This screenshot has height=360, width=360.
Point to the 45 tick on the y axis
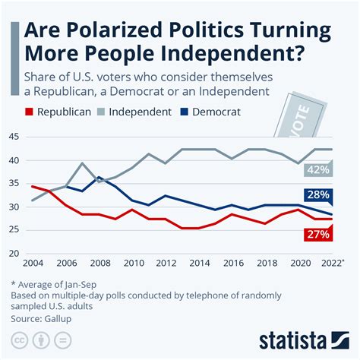(14, 137)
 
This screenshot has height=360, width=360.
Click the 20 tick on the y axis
(14, 254)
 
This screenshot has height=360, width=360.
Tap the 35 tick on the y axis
(14, 184)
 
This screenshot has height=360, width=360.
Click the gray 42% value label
(317, 169)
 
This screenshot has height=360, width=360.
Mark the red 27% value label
(317, 235)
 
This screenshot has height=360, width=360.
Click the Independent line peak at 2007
(81, 163)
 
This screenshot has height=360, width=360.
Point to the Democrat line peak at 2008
(98, 178)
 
